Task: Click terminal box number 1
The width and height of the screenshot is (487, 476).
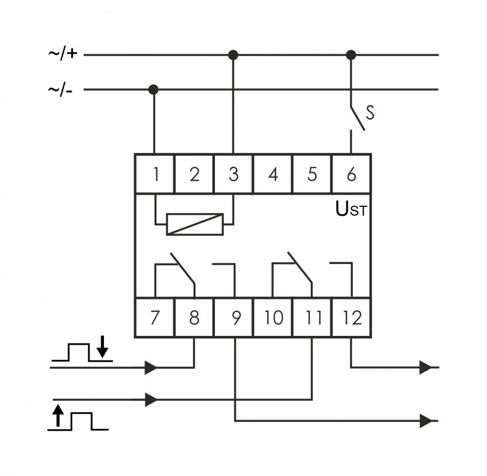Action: [155, 174]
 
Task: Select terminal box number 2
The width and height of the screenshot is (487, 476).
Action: [194, 174]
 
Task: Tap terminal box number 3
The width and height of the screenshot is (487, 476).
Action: [233, 174]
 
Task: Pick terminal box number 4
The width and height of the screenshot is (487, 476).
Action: [273, 174]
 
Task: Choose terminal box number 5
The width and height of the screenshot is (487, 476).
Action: [312, 174]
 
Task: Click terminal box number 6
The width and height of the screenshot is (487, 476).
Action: [351, 174]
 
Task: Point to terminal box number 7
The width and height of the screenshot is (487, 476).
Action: [155, 318]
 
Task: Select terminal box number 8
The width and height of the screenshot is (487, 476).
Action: [194, 318]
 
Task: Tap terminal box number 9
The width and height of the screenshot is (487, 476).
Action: [234, 318]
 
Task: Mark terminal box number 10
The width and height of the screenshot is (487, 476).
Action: [273, 318]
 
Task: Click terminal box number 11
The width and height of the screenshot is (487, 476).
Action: [312, 318]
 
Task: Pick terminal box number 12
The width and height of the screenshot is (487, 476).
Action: [351, 318]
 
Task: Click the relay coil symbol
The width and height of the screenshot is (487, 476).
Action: [194, 224]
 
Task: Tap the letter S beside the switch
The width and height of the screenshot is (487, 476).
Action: [370, 112]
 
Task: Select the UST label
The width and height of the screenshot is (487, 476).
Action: [351, 210]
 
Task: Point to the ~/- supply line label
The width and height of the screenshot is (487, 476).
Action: [60, 90]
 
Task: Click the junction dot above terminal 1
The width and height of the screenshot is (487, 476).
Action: [154, 90]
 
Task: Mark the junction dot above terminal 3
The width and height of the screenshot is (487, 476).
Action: [233, 54]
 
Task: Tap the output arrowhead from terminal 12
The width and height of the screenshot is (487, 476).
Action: [426, 368]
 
